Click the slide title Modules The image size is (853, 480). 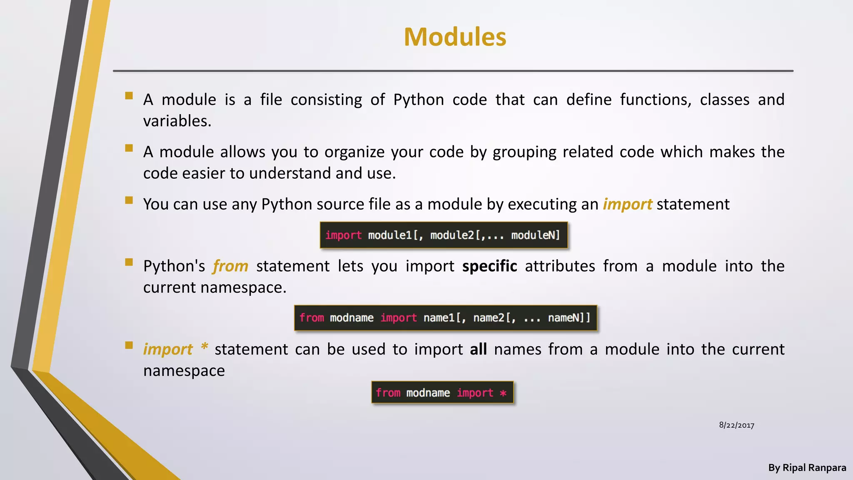click(455, 37)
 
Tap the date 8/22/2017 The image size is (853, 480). click(736, 425)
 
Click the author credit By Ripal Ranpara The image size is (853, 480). click(807, 467)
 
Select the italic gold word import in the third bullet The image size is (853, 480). click(627, 204)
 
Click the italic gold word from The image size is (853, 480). click(230, 266)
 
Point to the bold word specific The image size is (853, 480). click(489, 266)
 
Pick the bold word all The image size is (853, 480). click(478, 349)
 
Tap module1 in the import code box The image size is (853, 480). click(389, 235)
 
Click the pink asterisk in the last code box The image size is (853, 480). click(503, 393)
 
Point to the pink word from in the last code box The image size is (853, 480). click(388, 393)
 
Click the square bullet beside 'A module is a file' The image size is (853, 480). click(129, 96)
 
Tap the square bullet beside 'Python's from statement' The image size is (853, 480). click(129, 262)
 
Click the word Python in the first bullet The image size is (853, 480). click(418, 100)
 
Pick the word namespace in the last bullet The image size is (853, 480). click(184, 371)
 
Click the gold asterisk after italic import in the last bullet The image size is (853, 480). click(204, 347)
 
